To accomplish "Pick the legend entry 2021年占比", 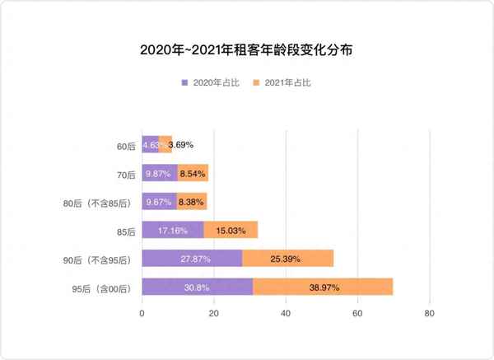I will tap(287, 83).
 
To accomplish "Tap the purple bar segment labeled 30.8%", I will tap(198, 287).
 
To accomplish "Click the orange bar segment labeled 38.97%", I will tap(323, 287).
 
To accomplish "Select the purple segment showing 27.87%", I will tap(193, 259).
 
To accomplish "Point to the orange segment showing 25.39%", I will tap(288, 259).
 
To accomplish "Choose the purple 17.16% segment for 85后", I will tap(173, 230).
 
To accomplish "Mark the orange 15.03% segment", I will tap(231, 230).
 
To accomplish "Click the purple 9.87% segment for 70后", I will tap(160, 173).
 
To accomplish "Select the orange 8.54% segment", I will tap(193, 173).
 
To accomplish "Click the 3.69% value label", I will tap(180, 145).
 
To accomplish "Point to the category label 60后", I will tap(125, 146).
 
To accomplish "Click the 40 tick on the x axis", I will tap(286, 314).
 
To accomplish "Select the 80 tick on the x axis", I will tap(429, 314).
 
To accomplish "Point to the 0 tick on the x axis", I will tap(142, 314).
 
